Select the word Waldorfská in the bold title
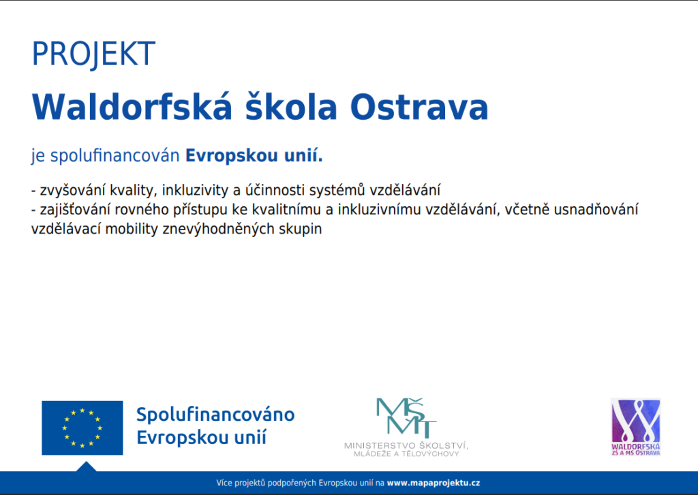click(x=132, y=107)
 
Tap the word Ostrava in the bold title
click(x=419, y=107)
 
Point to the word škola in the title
click(x=291, y=107)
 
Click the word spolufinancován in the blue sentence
click(x=115, y=156)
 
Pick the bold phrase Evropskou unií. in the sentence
click(x=254, y=156)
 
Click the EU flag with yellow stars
click(x=82, y=428)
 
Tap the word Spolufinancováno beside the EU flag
click(x=215, y=415)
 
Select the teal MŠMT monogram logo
click(x=406, y=417)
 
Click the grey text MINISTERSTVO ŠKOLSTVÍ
click(x=406, y=445)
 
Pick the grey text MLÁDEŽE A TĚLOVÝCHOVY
click(x=406, y=454)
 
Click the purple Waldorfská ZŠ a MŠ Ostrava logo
click(x=636, y=427)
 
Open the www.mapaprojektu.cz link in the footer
click(x=433, y=483)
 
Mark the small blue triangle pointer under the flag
click(x=87, y=467)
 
